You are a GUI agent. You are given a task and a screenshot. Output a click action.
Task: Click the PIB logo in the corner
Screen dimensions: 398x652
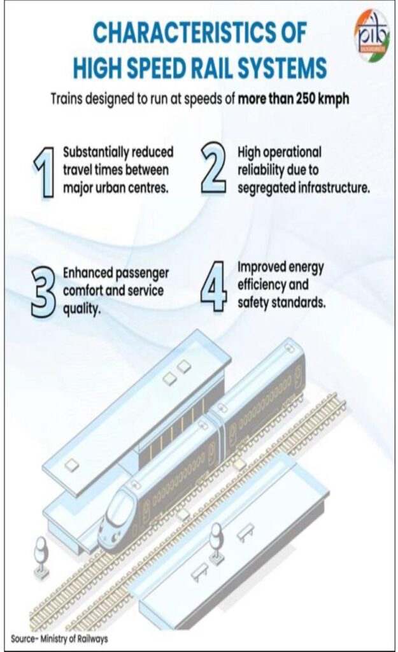371,36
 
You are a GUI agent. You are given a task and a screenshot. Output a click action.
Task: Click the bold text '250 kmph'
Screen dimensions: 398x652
323,99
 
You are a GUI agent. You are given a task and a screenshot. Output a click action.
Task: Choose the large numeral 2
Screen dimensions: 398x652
214,168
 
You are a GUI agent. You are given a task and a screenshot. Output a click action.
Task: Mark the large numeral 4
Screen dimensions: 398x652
214,286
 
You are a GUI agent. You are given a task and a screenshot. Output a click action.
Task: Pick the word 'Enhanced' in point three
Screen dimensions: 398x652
87,273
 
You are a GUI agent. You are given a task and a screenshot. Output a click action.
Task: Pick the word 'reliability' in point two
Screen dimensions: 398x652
260,170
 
